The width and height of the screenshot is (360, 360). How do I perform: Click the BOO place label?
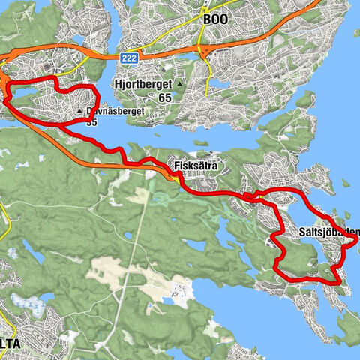coord(218,21)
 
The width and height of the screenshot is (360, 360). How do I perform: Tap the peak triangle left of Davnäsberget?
coord(79,114)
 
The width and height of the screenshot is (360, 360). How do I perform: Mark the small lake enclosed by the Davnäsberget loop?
coord(22,96)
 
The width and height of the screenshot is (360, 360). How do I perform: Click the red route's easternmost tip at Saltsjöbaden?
coord(355,234)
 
